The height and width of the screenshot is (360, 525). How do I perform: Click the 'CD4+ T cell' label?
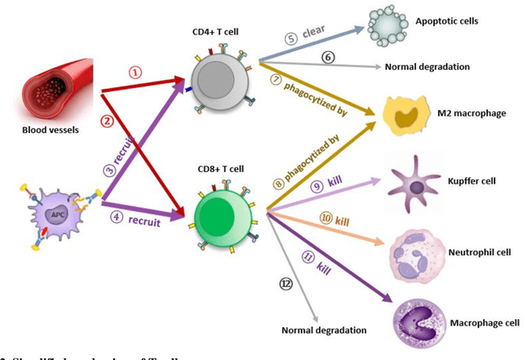217,34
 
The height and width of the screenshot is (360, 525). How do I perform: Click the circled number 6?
327,57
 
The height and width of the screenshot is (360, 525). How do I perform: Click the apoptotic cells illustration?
388,25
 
